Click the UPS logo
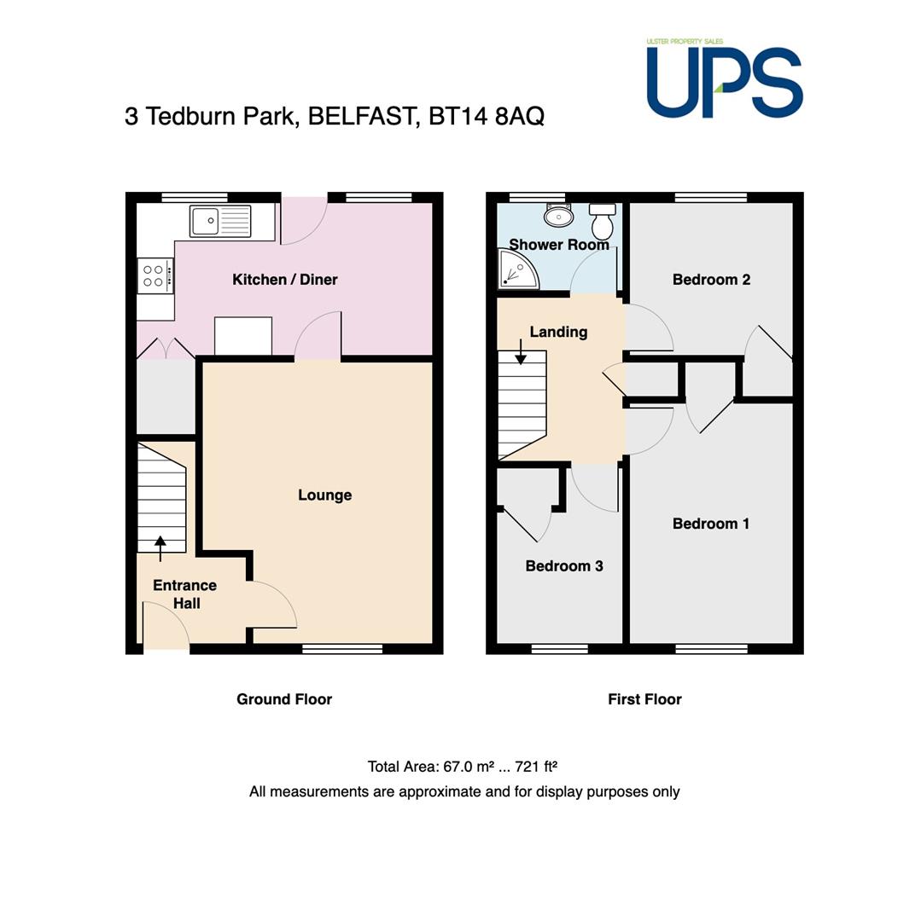725,78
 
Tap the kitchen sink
220,221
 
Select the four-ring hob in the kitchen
155,276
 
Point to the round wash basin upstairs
558,216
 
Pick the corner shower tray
518,269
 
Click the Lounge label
325,495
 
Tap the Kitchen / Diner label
285,280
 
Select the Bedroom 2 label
712,280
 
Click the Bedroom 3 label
564,566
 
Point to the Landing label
558,333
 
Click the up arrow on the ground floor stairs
160,548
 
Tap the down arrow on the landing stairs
521,352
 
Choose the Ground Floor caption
284,699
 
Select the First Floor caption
644,699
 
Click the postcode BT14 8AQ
487,116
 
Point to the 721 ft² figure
536,767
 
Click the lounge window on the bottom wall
342,649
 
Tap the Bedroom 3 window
560,649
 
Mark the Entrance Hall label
185,594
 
